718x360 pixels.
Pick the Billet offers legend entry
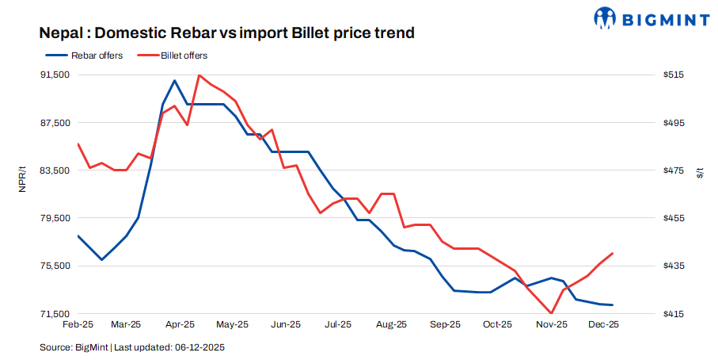(x=184, y=56)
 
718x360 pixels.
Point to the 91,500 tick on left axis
(x=55, y=75)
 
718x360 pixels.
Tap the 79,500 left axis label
(x=55, y=218)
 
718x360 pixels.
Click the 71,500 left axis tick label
(x=55, y=314)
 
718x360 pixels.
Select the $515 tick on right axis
(x=674, y=75)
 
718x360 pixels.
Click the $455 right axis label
(x=674, y=218)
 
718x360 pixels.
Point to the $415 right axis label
(x=674, y=314)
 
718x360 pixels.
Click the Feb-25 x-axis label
(x=78, y=324)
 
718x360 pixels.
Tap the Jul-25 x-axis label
(x=338, y=324)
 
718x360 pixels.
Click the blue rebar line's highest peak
(x=174, y=80)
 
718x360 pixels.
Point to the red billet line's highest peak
(x=199, y=75)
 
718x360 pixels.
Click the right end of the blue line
(x=613, y=304)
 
